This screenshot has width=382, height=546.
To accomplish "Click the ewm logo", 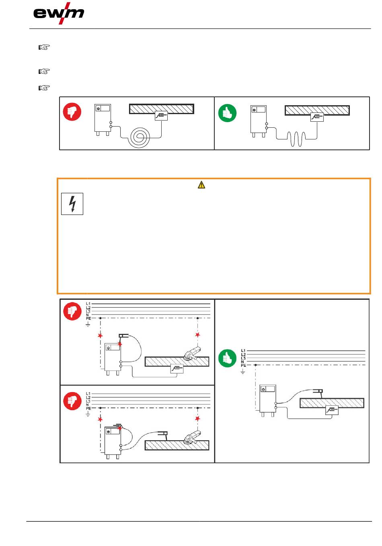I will coord(59,14).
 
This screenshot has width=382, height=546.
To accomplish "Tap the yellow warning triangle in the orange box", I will coord(201,185).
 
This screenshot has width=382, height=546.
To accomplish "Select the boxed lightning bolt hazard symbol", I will coord(72,204).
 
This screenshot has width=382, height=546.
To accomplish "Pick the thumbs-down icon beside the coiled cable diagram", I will coord(72,112).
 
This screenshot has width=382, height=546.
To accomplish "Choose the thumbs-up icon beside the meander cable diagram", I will coord(227,113).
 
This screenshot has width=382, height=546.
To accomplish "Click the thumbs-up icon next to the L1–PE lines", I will coord(227,358).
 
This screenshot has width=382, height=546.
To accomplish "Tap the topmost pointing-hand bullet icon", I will coord(44,47).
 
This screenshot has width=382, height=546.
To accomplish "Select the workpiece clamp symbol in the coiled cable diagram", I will coord(162,116).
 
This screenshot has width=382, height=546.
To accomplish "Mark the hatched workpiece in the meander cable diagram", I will coord(317,110).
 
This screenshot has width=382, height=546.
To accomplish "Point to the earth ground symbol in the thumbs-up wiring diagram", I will coord(243,372).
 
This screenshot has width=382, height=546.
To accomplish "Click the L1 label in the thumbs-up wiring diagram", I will coord(243,351).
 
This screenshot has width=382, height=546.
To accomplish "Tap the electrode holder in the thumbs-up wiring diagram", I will coord(317,391).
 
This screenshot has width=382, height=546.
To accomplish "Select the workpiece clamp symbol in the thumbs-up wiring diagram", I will coord(332,410).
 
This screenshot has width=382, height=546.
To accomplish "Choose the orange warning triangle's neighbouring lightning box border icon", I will coord(72,204).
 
